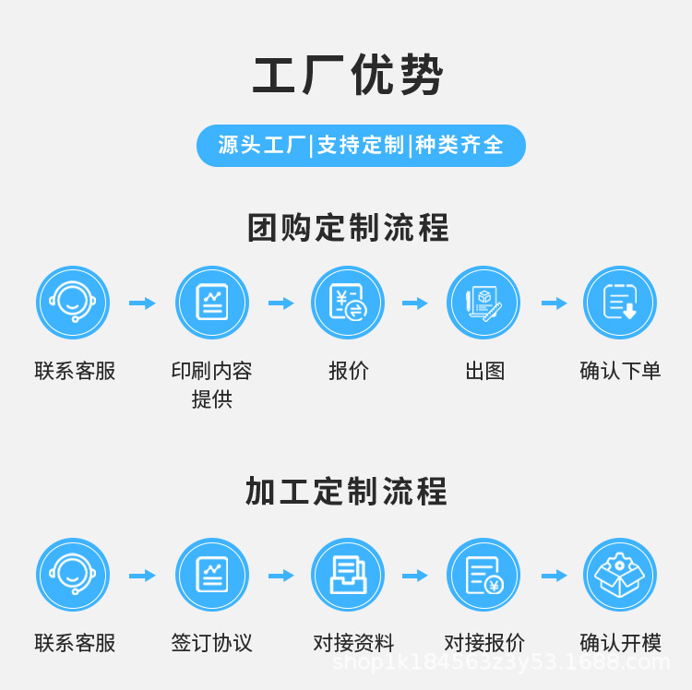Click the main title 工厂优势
tap(348, 76)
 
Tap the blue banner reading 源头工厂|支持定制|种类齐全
tap(361, 146)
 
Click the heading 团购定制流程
tap(348, 228)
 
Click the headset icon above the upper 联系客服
tap(73, 303)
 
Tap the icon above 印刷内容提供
tap(212, 303)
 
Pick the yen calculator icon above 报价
tap(348, 303)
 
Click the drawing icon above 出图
tap(483, 303)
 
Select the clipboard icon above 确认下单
tap(620, 303)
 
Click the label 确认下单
tap(620, 371)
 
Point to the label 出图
tap(484, 371)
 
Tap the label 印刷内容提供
tap(211, 385)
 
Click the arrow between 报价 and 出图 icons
tap(415, 303)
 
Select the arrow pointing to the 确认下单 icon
tap(555, 303)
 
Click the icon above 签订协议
tap(212, 575)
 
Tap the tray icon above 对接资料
tap(348, 575)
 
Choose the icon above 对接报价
tap(483, 575)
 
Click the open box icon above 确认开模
tap(620, 575)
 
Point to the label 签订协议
tap(211, 643)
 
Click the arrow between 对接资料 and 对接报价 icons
tap(415, 576)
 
